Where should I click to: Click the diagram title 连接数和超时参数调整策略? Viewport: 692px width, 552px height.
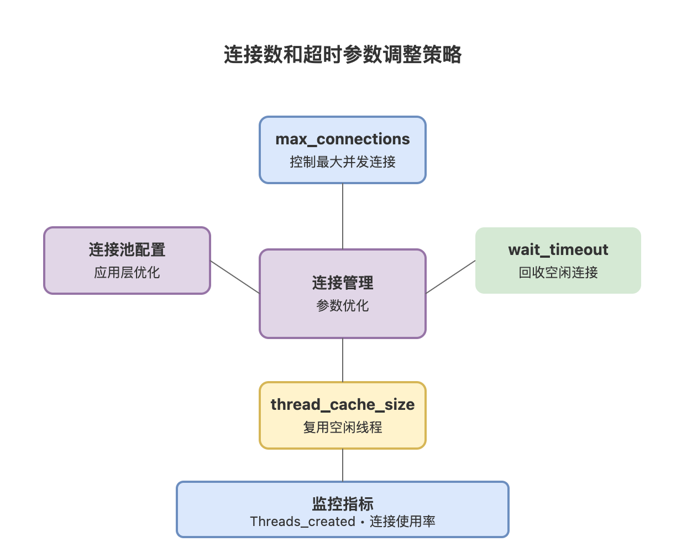tap(343, 55)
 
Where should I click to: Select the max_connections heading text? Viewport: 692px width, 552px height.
tap(343, 139)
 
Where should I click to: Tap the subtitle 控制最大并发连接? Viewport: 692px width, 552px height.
tap(343, 162)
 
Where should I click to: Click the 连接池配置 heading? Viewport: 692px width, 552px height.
tap(127, 250)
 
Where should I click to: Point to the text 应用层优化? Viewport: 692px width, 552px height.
tap(127, 273)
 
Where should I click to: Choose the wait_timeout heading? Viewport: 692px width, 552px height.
tap(558, 250)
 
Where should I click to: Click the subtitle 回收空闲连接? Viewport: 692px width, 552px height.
tap(558, 273)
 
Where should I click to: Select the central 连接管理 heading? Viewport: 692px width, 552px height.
tap(343, 283)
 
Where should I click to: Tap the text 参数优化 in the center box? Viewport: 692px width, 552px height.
tap(343, 306)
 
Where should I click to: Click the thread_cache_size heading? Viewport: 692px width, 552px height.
tap(343, 405)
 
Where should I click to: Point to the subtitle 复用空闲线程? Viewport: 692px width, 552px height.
tap(343, 428)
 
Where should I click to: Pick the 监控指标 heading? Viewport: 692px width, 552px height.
tap(343, 504)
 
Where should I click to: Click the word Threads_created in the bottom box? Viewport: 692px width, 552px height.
tap(302, 522)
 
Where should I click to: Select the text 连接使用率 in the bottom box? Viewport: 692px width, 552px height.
tap(402, 522)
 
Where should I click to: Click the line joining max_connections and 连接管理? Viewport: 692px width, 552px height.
tap(343, 216)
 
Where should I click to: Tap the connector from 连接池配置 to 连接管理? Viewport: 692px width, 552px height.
tap(235, 277)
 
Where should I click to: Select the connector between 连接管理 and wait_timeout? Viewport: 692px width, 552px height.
tap(450, 277)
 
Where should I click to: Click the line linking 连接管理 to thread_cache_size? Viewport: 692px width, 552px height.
tap(343, 360)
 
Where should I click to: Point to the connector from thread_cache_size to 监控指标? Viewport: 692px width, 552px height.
tap(343, 465)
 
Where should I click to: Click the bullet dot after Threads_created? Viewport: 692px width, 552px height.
tap(363, 522)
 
